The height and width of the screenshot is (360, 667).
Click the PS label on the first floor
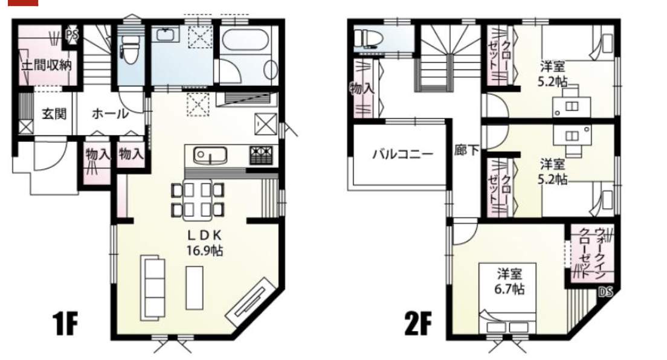(72, 34)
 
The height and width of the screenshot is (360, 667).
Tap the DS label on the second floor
(605, 292)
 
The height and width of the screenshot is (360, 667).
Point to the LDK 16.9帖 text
(205, 243)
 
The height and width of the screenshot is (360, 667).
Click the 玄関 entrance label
(54, 114)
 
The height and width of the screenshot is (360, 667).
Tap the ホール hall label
(110, 114)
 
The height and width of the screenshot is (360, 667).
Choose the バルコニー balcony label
(403, 153)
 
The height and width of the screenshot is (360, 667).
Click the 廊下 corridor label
(466, 150)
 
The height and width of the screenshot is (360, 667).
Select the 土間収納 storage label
(47, 65)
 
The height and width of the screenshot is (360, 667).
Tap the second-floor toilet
(369, 37)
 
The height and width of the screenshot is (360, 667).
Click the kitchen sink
(210, 155)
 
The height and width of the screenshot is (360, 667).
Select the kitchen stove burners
(261, 155)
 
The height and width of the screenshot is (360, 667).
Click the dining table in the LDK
(198, 200)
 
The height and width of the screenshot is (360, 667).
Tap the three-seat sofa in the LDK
(153, 288)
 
